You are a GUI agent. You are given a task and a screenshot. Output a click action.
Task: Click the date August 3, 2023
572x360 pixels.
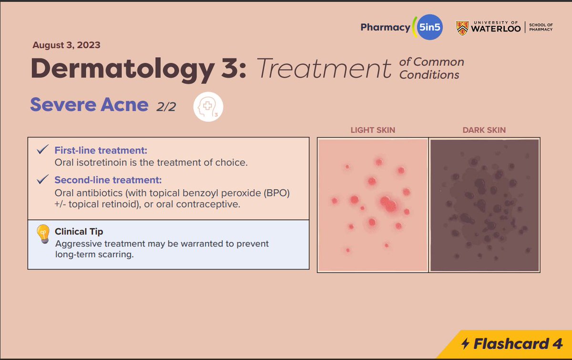pyautogui.click(x=66, y=46)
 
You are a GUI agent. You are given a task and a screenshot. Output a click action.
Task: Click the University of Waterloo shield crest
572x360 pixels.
pyautogui.click(x=462, y=28)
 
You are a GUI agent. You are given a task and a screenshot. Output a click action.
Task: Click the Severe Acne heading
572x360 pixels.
pyautogui.click(x=89, y=104)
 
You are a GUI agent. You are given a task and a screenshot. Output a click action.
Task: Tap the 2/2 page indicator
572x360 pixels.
pyautogui.click(x=166, y=107)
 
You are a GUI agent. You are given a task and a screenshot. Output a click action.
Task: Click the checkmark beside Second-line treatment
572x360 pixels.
pyautogui.click(x=42, y=180)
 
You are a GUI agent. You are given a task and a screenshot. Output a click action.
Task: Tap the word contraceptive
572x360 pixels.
pyautogui.click(x=213, y=204)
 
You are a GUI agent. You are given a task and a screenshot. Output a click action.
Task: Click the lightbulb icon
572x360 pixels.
pyautogui.click(x=43, y=234)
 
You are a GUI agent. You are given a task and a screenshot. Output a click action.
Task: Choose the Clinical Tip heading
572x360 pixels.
pyautogui.click(x=79, y=232)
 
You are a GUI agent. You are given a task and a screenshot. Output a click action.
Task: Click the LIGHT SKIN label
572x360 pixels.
pyautogui.click(x=372, y=130)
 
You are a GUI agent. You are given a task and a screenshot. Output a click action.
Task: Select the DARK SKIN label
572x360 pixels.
pyautogui.click(x=484, y=130)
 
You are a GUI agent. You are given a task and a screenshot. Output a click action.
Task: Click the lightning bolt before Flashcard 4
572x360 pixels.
pyautogui.click(x=465, y=343)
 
